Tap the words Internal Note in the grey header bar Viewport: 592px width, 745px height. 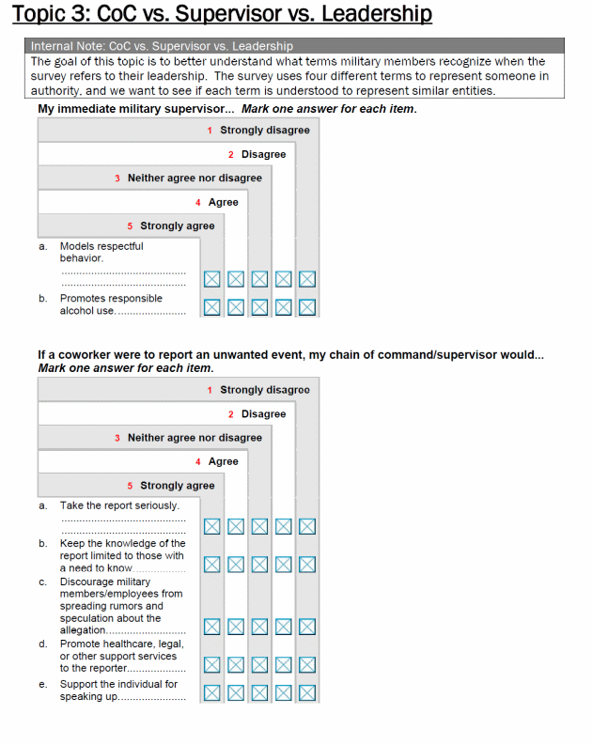[67, 46]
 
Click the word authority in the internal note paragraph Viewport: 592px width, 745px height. [55, 91]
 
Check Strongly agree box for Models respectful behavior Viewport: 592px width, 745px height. [211, 279]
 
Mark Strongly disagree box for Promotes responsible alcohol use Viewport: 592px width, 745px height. [307, 306]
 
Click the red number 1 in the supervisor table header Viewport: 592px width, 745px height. [210, 131]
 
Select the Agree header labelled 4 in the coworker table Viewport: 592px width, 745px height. [223, 461]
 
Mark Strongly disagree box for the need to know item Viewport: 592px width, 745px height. [307, 565]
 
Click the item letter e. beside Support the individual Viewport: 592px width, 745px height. [43, 684]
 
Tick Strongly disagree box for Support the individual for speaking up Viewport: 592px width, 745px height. [307, 693]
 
